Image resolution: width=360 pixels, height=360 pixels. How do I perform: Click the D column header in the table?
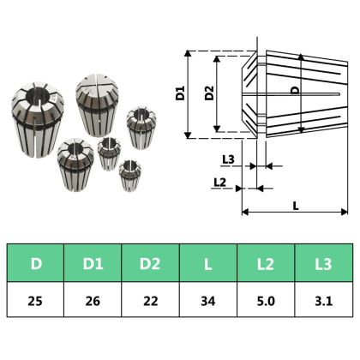tap(36, 263)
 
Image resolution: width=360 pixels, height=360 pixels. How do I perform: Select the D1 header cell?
tap(93, 263)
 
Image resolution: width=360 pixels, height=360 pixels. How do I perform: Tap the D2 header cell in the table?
tap(150, 263)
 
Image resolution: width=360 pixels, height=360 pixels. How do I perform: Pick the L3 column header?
tap(323, 263)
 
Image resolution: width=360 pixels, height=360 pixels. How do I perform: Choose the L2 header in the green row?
tap(266, 263)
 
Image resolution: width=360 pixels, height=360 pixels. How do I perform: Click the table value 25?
tap(35, 301)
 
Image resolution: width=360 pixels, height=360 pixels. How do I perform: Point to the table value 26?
tap(93, 301)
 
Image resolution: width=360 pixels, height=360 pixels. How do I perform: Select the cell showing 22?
tap(150, 301)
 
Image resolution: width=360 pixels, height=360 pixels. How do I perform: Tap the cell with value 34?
tap(208, 301)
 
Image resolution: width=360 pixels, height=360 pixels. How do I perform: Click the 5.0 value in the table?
tap(266, 301)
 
